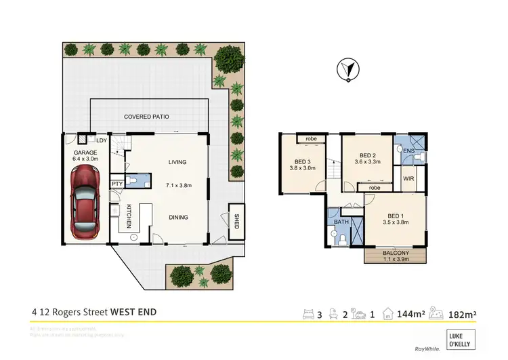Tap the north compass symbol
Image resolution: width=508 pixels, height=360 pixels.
point(347,69)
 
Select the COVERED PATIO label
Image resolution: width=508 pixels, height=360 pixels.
point(146,117)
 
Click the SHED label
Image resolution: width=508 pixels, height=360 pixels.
point(236,222)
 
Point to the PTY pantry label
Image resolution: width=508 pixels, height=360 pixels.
point(116,182)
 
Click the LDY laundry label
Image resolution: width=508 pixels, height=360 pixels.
point(102,140)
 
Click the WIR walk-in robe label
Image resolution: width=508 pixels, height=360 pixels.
point(408,179)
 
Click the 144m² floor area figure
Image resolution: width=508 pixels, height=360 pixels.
point(410,313)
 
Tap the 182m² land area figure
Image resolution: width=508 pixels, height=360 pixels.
point(465,313)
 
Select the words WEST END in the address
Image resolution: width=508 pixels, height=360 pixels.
point(134,313)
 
